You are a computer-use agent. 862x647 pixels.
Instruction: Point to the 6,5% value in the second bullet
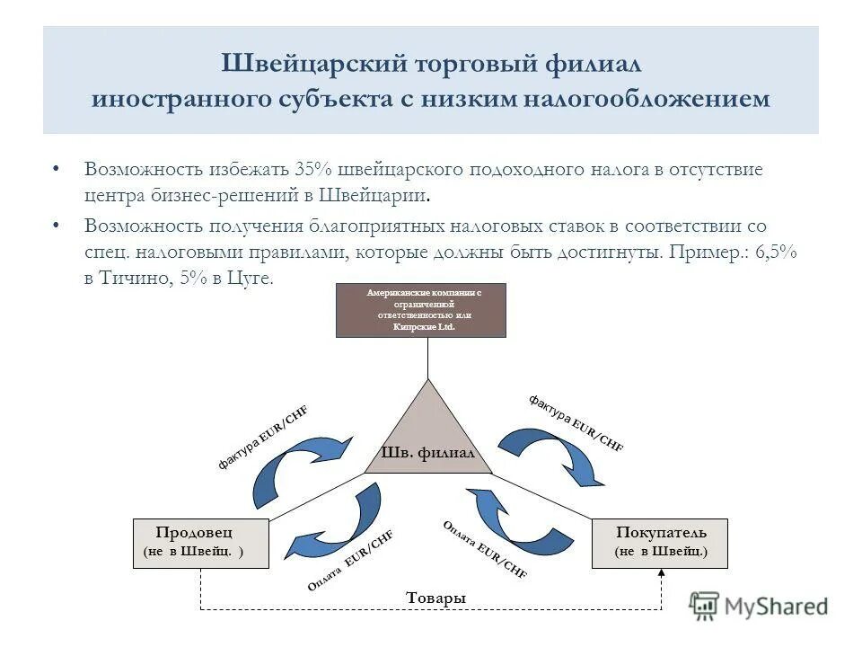point(776,253)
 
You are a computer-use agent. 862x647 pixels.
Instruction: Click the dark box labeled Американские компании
point(420,310)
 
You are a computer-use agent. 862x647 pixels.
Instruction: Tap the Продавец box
point(200,542)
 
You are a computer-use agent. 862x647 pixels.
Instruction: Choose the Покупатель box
point(660,542)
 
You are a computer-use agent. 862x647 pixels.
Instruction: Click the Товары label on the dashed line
point(435,598)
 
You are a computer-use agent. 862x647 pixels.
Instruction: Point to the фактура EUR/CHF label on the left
point(262,438)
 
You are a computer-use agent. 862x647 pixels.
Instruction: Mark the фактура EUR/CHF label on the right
point(576,422)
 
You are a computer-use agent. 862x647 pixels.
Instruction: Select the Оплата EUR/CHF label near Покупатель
point(485,548)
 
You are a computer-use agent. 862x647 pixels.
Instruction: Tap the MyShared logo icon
point(705,606)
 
